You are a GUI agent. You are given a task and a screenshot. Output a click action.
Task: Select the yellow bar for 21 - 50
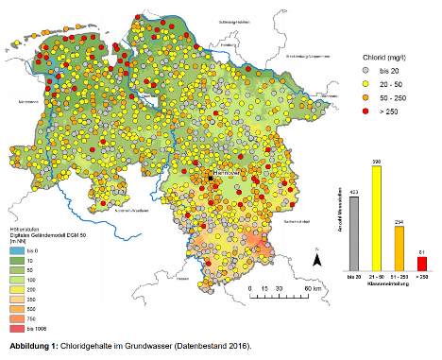pyautogui.click(x=376, y=221)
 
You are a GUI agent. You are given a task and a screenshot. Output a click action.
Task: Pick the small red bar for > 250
pyautogui.click(x=421, y=264)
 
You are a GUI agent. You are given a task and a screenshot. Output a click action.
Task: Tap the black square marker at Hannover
pyautogui.click(x=212, y=178)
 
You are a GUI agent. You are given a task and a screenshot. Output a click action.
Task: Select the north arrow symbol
pyautogui.click(x=317, y=258)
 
